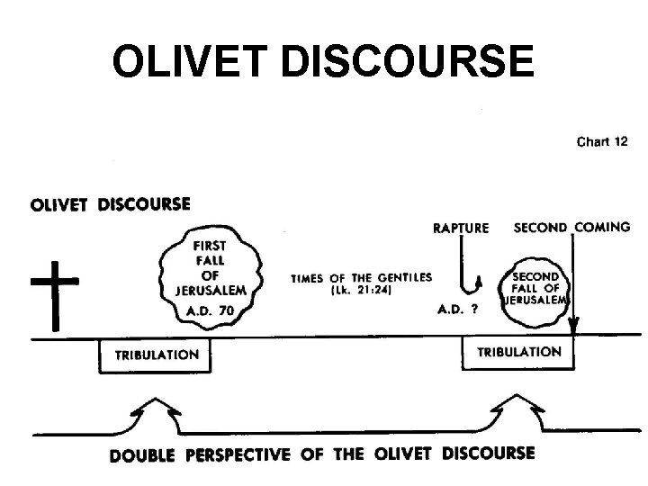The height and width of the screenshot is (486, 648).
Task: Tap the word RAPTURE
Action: click(461, 228)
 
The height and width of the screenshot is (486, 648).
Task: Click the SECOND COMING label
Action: click(571, 227)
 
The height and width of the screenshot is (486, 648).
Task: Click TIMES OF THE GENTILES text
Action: click(360, 277)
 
